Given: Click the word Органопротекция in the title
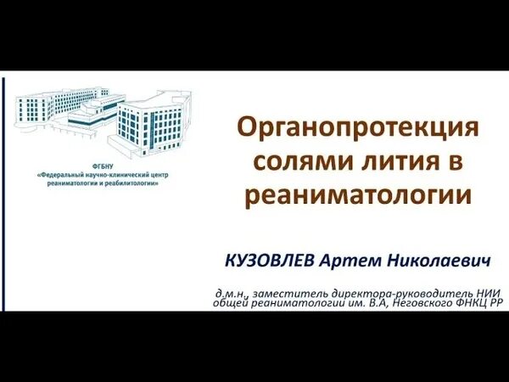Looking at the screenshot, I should (356, 129).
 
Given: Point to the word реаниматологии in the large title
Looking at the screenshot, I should (356, 195).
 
